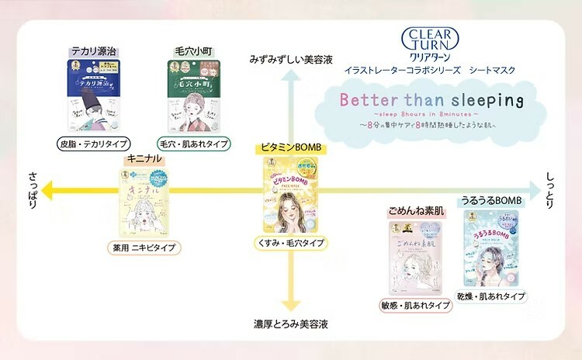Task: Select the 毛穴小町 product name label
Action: (191, 50)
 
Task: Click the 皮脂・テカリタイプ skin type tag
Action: (93, 144)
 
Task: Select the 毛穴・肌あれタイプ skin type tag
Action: (192, 144)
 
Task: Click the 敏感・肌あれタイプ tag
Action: (416, 305)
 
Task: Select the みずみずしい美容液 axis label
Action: (290, 59)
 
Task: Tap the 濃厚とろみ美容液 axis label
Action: (290, 324)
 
